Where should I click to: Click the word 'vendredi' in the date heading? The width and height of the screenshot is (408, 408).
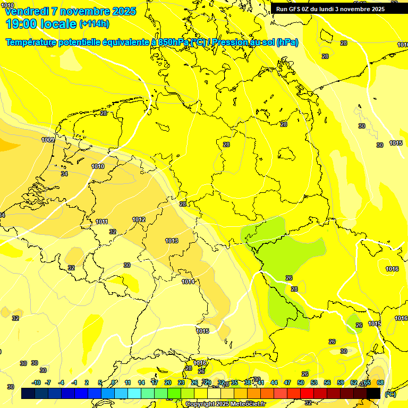click(x=26, y=11)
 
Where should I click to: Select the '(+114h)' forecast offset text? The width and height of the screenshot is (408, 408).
click(x=94, y=24)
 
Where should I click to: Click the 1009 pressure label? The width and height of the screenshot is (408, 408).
click(x=48, y=140)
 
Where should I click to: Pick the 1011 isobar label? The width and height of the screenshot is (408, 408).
click(x=102, y=222)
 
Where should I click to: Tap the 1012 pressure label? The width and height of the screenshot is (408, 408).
click(x=139, y=219)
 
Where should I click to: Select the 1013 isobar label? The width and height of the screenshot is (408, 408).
click(x=172, y=241)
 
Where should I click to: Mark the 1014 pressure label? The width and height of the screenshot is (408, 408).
click(x=188, y=282)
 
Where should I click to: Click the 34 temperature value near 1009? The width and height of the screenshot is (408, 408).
click(x=64, y=174)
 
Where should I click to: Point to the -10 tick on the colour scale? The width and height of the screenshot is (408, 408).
click(x=36, y=382)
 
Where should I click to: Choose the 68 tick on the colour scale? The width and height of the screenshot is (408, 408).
click(x=380, y=382)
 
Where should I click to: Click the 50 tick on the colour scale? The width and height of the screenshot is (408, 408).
click(x=301, y=382)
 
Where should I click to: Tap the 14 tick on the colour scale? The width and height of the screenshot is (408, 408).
click(x=141, y=382)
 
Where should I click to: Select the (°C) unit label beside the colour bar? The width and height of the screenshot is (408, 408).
click(x=390, y=394)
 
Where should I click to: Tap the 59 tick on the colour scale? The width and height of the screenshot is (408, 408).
click(x=341, y=382)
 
